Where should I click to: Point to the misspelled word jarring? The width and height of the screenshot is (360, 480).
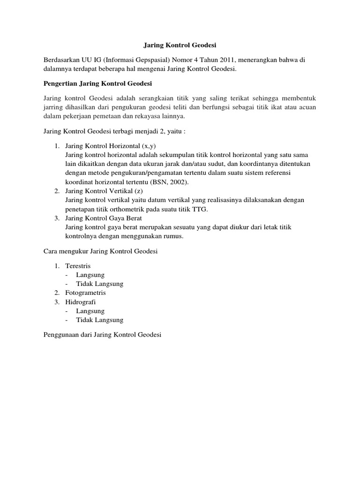point(52,107)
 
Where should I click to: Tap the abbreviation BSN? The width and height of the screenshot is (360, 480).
point(158,182)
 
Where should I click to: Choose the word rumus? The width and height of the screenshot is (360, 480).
point(172,236)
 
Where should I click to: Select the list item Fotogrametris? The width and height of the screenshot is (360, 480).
point(86,292)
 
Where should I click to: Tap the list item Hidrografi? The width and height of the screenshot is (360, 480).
point(81,302)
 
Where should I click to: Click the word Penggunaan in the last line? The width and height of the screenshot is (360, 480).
point(60,335)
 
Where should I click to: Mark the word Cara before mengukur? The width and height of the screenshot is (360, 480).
point(50,251)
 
